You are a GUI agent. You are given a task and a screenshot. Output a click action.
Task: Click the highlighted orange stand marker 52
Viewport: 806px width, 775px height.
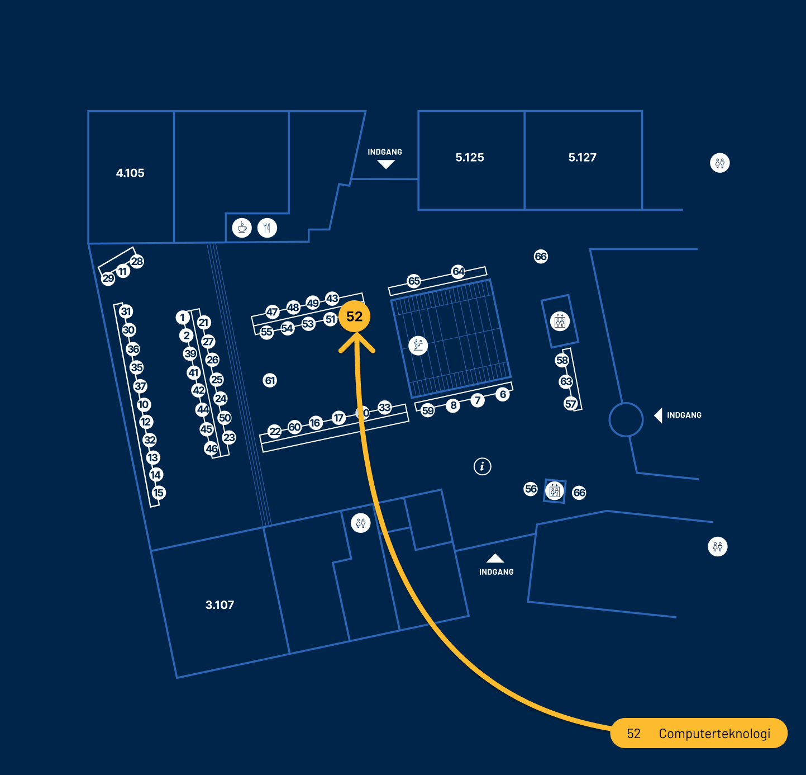click(354, 316)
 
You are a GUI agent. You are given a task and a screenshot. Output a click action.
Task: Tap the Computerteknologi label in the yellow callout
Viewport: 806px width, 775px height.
click(714, 734)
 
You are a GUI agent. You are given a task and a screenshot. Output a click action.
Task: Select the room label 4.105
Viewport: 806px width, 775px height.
click(130, 173)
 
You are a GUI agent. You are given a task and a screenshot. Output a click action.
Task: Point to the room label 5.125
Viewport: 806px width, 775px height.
click(470, 158)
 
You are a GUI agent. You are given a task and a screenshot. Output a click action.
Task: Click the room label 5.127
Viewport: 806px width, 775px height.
click(583, 158)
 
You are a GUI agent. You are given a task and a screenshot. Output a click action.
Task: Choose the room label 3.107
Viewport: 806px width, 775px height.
click(220, 605)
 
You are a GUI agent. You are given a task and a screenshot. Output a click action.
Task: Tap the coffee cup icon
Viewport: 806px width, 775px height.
click(242, 228)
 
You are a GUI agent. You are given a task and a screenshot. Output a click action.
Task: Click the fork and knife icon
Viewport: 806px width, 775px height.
click(268, 228)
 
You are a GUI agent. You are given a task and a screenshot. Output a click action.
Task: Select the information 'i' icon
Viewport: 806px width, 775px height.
click(483, 466)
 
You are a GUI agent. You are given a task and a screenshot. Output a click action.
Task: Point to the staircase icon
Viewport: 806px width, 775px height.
click(418, 345)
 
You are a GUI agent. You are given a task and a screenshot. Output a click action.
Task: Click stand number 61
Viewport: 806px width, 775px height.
click(270, 381)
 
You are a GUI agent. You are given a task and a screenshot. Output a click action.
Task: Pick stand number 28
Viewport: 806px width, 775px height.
click(137, 261)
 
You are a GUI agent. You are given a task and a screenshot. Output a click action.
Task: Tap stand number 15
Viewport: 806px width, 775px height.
click(159, 493)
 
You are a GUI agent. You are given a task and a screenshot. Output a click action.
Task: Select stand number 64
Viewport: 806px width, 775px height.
click(458, 271)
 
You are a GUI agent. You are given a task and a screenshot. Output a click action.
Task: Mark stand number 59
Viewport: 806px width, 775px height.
click(428, 410)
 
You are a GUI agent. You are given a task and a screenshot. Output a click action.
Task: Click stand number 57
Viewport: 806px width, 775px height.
click(570, 404)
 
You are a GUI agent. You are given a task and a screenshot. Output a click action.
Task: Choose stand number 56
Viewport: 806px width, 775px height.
click(531, 489)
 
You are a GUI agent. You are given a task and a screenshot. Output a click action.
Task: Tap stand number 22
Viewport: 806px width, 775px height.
click(275, 431)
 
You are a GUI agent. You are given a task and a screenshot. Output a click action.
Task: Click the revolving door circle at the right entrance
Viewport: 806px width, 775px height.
click(626, 419)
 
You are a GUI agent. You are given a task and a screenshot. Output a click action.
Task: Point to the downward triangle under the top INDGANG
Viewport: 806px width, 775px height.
click(386, 164)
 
